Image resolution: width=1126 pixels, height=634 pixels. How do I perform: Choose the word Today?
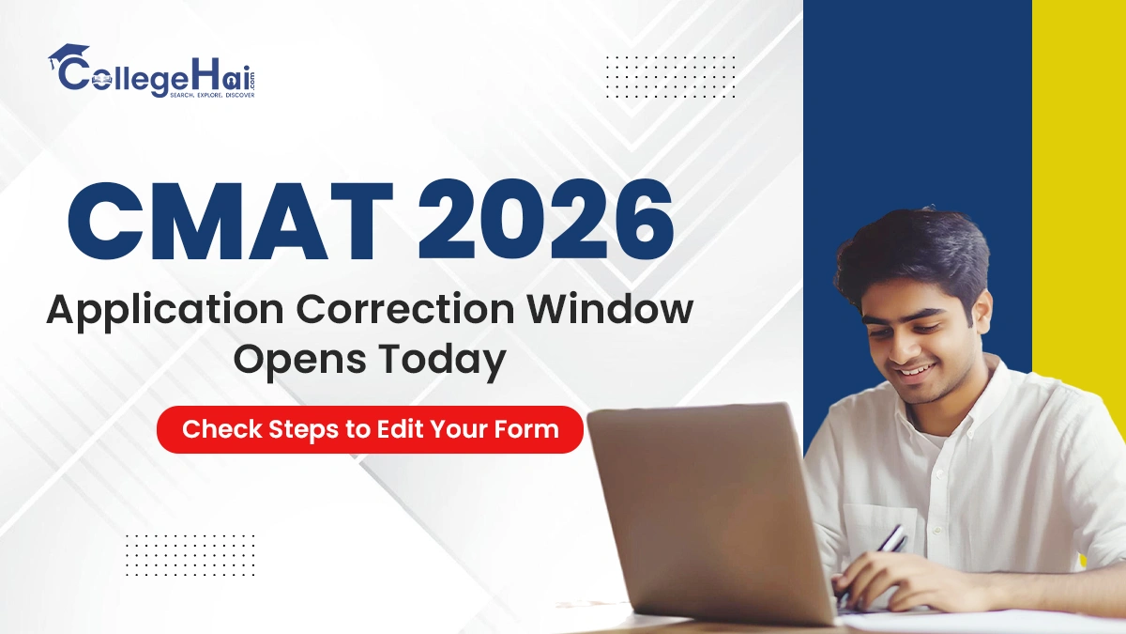(440, 360)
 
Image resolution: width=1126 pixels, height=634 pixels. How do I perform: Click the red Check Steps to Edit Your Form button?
(370, 430)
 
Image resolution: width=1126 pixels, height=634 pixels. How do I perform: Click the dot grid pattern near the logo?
(671, 76)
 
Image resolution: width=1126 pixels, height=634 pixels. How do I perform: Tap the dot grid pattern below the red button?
(190, 554)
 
